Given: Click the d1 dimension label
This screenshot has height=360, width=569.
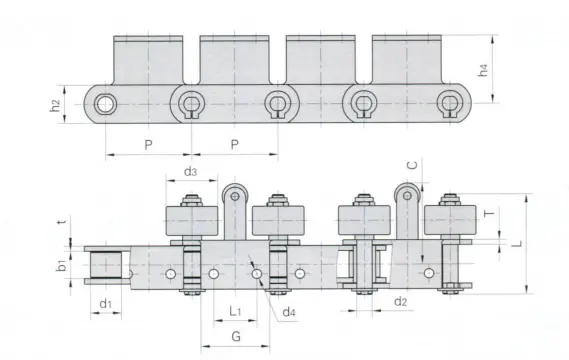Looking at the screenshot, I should point(105,302).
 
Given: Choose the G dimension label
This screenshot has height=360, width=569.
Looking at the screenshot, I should point(235,337).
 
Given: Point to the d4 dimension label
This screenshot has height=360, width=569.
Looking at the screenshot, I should point(288,313).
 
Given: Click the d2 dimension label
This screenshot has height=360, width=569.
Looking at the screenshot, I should point(399,301).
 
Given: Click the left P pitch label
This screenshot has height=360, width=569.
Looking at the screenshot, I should point(148,145).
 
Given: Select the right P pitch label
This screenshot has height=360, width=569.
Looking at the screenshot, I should point(235,145).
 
